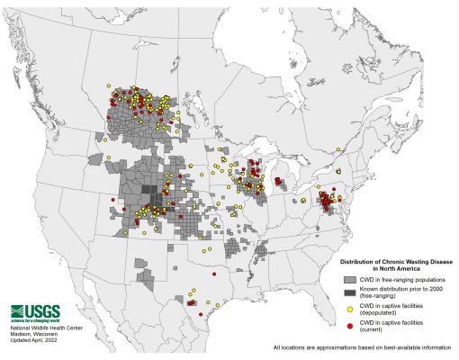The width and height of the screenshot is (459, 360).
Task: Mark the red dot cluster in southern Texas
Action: [191, 304]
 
